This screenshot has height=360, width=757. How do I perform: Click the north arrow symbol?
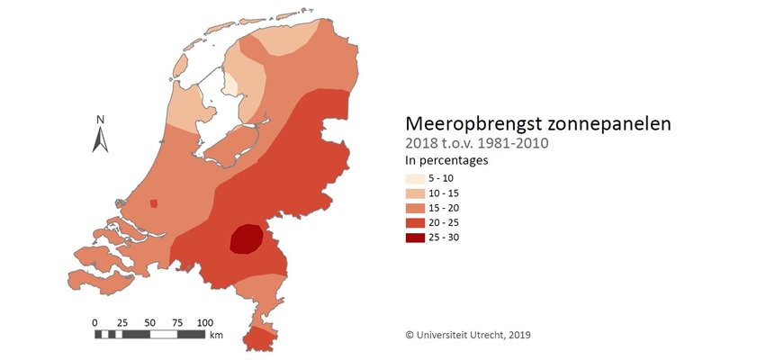101,139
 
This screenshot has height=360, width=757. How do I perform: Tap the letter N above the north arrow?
101,120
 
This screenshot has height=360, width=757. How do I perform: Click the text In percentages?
446,161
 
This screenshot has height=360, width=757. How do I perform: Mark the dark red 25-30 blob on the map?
246,240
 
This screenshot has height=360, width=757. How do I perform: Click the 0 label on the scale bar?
95,322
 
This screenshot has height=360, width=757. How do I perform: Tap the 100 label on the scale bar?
205,322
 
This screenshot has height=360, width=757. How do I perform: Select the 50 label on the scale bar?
149,322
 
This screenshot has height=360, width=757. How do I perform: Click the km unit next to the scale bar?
216,335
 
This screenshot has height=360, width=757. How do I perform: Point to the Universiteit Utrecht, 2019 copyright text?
467,335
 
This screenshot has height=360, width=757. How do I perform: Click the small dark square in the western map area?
153,203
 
